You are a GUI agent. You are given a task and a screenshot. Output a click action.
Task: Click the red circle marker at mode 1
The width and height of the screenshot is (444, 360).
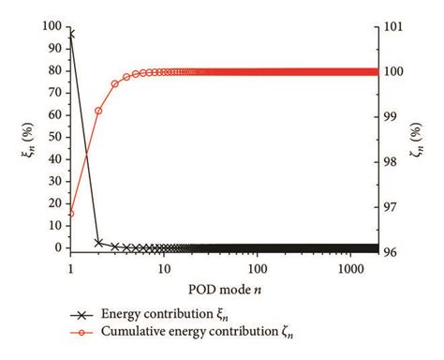click(x=71, y=214)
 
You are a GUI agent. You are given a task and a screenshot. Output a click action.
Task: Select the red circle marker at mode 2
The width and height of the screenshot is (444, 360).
click(x=98, y=111)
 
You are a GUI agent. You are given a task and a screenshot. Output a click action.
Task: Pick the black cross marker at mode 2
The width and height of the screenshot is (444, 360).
click(x=98, y=243)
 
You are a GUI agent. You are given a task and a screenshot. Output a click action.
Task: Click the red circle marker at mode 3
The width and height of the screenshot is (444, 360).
click(x=115, y=83)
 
